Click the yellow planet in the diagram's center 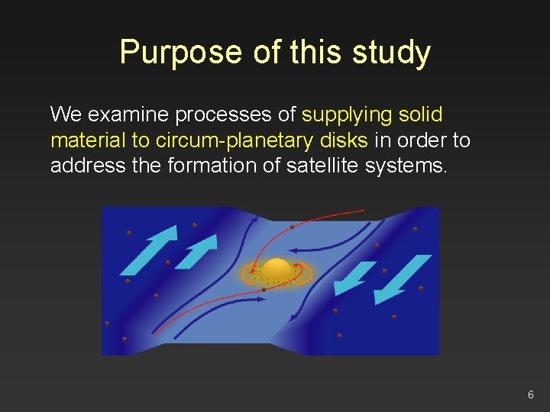(277, 269)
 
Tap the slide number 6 (530, 394)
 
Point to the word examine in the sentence (130, 115)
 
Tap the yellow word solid (421, 115)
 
